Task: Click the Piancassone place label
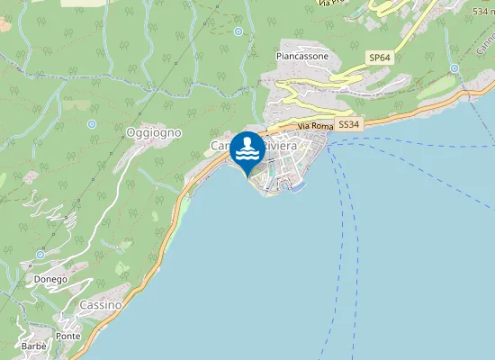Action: point(301,56)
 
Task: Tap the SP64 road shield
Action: point(380,58)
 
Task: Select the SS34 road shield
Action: point(349,125)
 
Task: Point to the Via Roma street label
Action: point(316,127)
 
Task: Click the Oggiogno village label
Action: point(154,132)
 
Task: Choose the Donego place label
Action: point(50,279)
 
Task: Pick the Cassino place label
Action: point(100,305)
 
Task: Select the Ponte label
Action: point(67,336)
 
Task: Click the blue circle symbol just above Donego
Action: point(40,255)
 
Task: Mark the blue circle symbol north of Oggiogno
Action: point(92,124)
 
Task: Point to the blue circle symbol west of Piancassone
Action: point(238,31)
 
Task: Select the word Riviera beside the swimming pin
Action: point(278,146)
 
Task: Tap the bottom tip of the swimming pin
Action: point(247,176)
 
